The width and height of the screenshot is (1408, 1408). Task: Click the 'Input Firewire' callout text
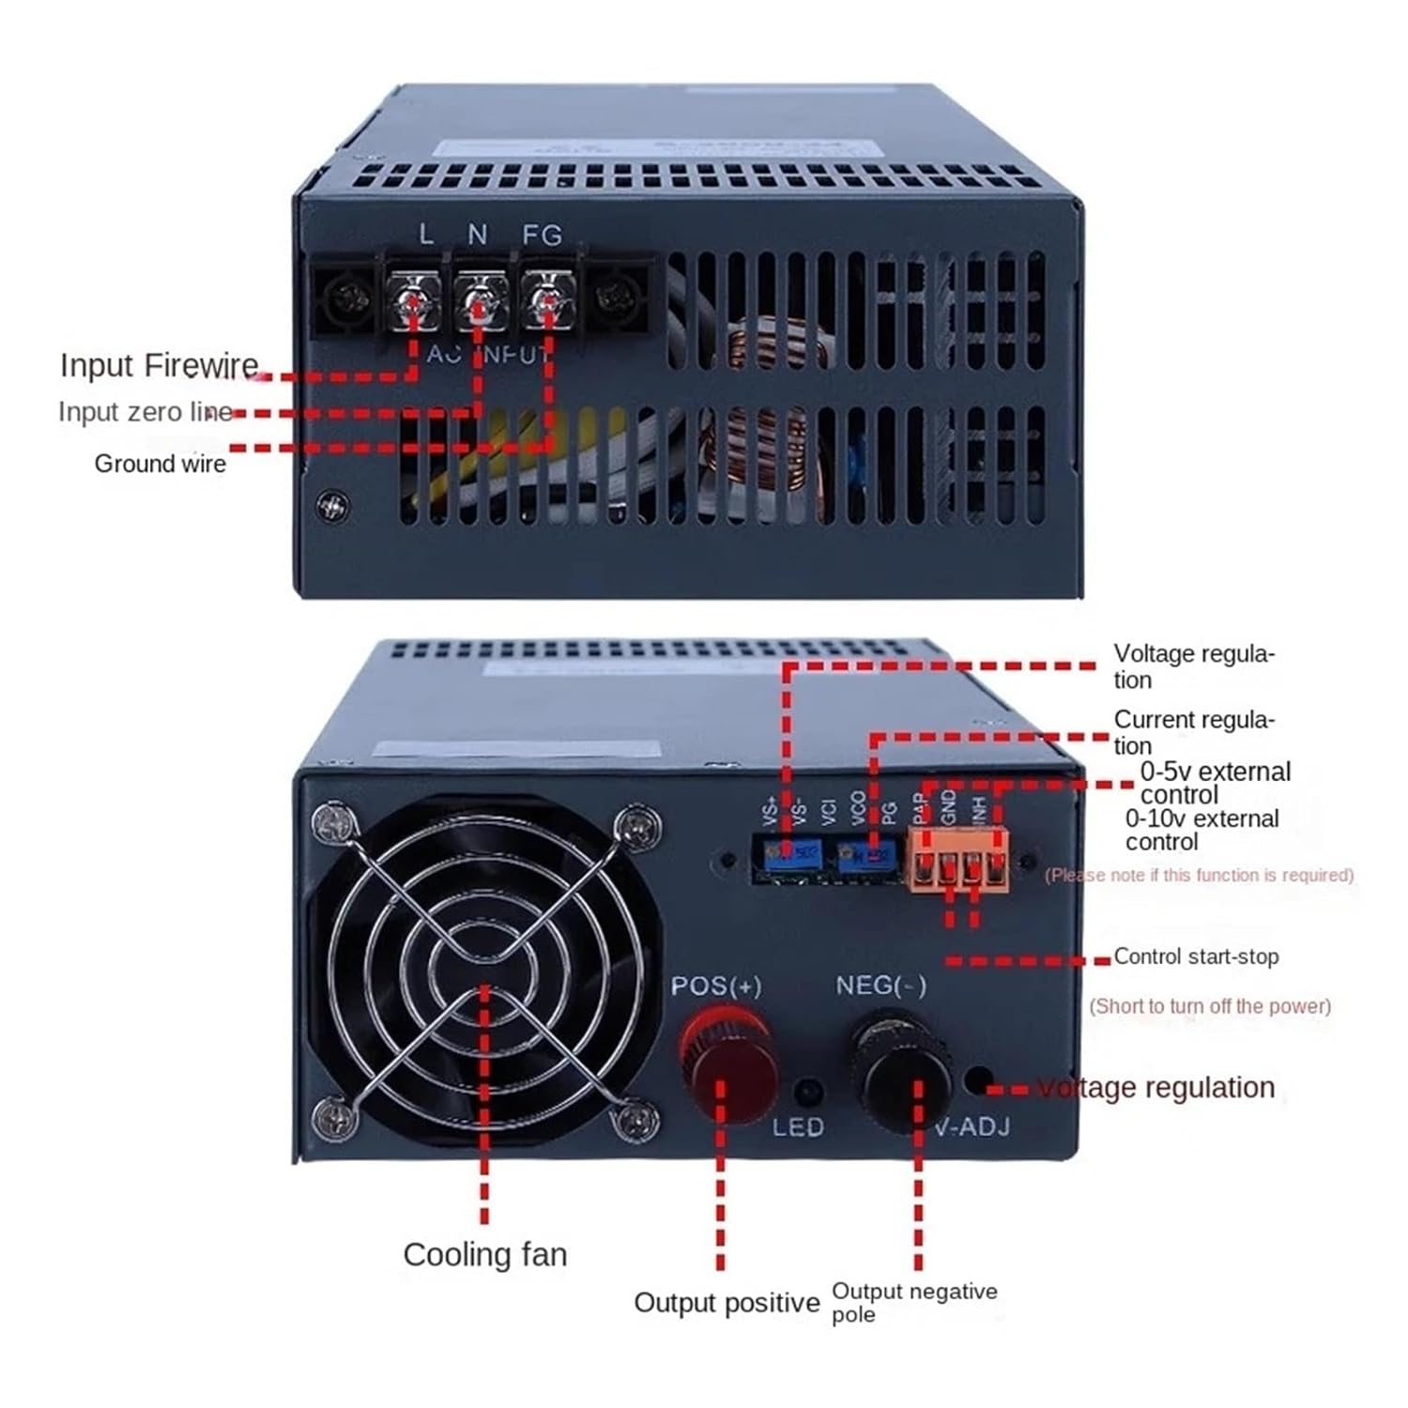tap(159, 365)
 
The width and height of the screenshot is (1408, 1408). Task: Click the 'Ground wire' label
tap(160, 464)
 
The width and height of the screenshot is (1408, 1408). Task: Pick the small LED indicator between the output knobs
tap(806, 1093)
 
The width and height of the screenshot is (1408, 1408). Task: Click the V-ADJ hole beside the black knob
tap(978, 1080)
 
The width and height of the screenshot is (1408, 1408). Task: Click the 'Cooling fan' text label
tap(485, 1255)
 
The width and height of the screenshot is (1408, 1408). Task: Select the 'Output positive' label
tap(727, 1303)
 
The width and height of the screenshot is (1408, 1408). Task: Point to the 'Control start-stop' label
tap(1196, 957)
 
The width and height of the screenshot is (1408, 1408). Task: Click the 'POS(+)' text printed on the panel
tap(715, 987)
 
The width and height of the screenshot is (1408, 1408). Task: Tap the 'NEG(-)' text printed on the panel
tap(880, 986)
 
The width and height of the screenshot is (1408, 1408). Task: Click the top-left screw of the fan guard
tap(335, 823)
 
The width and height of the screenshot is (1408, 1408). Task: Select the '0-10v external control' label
tap(1201, 830)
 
